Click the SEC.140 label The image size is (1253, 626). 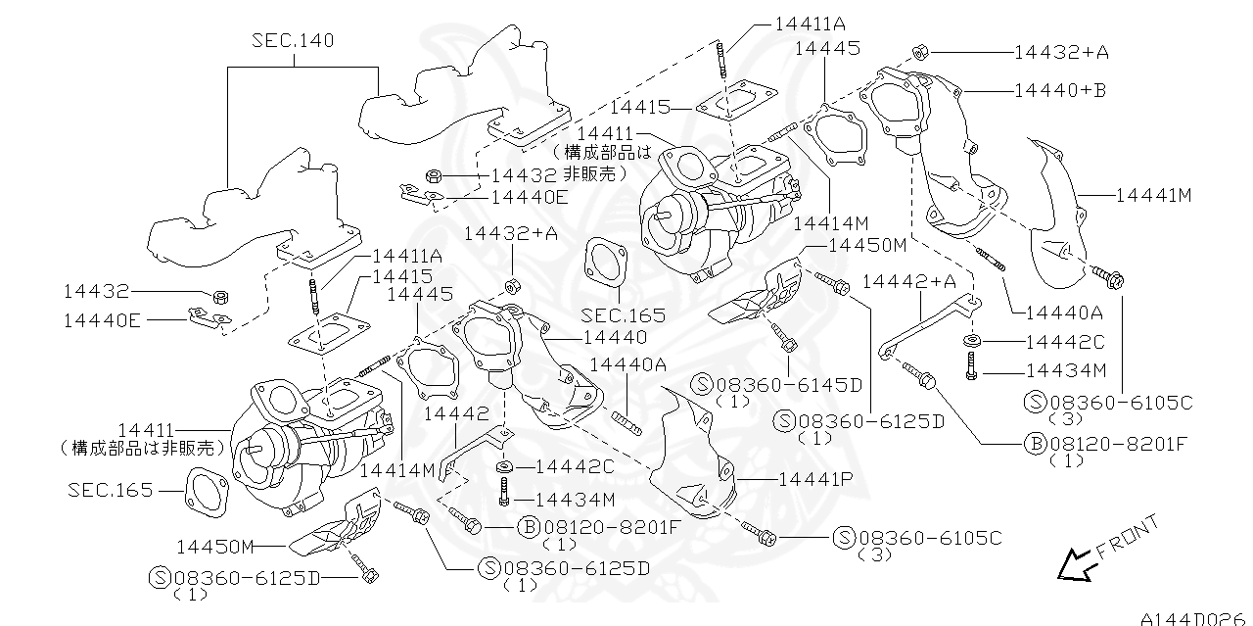pos(292,40)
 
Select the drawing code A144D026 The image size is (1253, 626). pos(1195,617)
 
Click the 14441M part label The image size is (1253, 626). pos(1153,195)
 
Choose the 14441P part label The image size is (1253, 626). pos(815,480)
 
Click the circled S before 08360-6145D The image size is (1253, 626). pos(703,384)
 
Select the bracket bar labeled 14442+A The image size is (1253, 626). pos(925,318)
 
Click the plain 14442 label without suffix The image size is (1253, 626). pos(455,414)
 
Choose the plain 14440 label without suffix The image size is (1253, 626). pos(614,337)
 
